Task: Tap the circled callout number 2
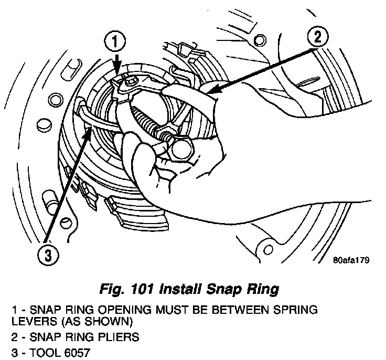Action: click(317, 36)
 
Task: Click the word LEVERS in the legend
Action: click(29, 320)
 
